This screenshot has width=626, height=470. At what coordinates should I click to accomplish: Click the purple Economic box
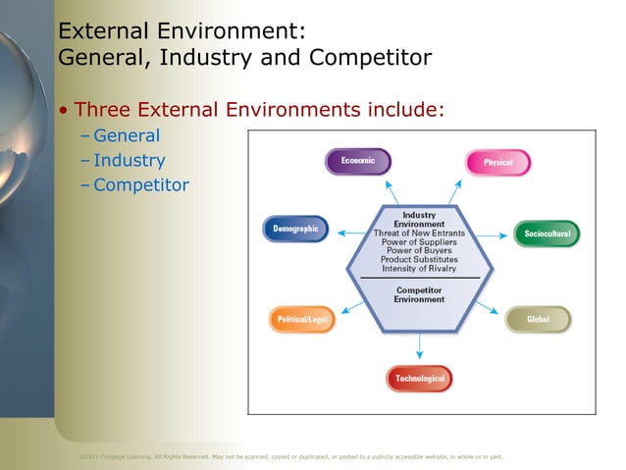click(357, 161)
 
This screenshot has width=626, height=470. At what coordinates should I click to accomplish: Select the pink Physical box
click(497, 162)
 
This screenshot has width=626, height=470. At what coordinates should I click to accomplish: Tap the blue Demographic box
click(295, 230)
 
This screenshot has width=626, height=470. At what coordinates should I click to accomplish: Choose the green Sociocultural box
click(547, 235)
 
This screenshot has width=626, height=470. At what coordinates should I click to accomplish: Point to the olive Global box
click(538, 320)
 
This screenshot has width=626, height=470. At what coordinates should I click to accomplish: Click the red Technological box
click(419, 378)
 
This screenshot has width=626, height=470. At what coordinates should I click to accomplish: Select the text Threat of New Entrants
click(419, 234)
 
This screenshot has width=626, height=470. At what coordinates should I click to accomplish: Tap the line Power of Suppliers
click(419, 242)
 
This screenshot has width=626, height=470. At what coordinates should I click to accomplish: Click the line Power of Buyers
click(419, 251)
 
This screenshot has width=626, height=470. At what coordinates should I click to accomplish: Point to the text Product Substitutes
click(419, 260)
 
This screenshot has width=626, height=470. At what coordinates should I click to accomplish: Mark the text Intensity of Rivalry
click(419, 269)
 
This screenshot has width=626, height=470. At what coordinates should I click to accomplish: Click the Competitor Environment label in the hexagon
click(419, 294)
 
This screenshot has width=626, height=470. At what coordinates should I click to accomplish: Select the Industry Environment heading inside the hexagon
click(419, 220)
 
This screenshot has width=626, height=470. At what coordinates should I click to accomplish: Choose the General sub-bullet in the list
click(126, 136)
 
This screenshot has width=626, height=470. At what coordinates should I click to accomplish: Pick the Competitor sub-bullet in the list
click(140, 185)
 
